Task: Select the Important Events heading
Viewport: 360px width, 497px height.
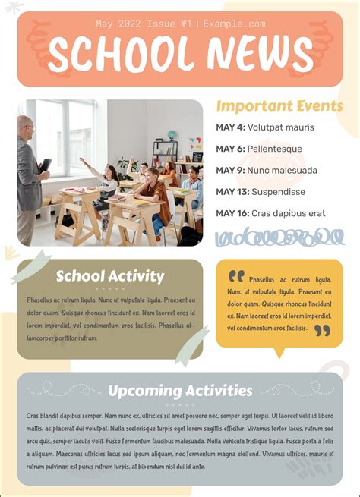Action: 279,105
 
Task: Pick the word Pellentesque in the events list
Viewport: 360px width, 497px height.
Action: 275,149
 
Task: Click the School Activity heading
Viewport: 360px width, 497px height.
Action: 109,276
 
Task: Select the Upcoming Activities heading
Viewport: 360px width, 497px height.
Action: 180,391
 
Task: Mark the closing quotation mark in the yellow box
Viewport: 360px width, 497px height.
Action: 322,331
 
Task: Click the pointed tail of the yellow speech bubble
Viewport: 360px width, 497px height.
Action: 278,354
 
